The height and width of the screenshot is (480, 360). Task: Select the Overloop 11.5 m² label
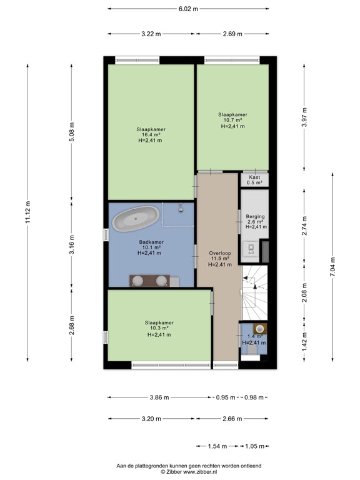pyautogui.click(x=219, y=259)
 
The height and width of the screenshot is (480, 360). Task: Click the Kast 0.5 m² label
pyautogui.click(x=254, y=180)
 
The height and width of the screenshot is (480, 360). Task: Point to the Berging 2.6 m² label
pyautogui.click(x=255, y=221)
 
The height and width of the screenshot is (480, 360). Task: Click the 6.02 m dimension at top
pyautogui.click(x=188, y=9)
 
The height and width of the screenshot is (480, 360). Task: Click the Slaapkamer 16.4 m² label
pyautogui.click(x=150, y=135)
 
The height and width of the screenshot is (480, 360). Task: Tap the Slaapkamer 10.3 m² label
pyautogui.click(x=159, y=329)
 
